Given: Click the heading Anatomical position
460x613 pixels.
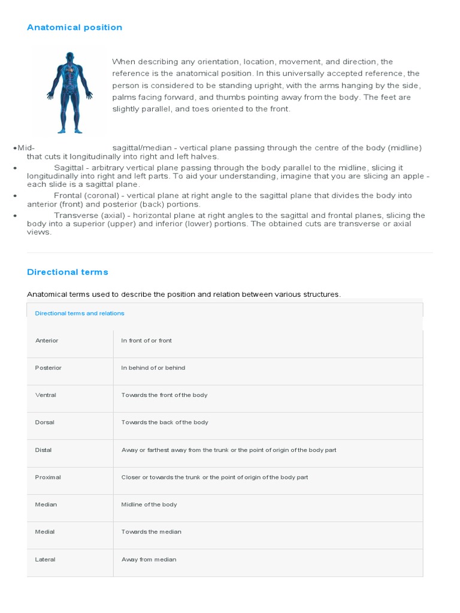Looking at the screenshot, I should click(74, 28).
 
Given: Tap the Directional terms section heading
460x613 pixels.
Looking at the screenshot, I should click(68, 272).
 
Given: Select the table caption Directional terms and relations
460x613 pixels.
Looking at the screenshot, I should click(80, 313).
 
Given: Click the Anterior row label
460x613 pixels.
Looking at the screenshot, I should click(47, 341).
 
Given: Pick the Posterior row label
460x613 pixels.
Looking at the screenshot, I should click(49, 368).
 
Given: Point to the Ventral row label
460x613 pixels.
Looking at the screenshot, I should click(46, 395).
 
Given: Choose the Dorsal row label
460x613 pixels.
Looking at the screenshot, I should click(45, 422).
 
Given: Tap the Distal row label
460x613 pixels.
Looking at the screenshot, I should click(45, 450).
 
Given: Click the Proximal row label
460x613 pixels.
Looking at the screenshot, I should click(48, 477).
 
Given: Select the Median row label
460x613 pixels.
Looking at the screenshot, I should click(46, 505).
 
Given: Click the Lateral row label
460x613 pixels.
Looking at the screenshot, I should click(46, 560).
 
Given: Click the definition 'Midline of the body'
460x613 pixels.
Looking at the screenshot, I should click(149, 505).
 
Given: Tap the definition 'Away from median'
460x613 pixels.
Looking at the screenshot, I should click(149, 560).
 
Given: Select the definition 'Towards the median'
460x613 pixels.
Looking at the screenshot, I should click(151, 532).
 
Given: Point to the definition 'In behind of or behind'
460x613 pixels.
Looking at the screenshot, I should click(153, 368).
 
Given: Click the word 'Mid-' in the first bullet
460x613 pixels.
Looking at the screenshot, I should click(26, 148).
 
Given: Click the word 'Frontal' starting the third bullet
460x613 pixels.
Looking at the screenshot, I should click(68, 196).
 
